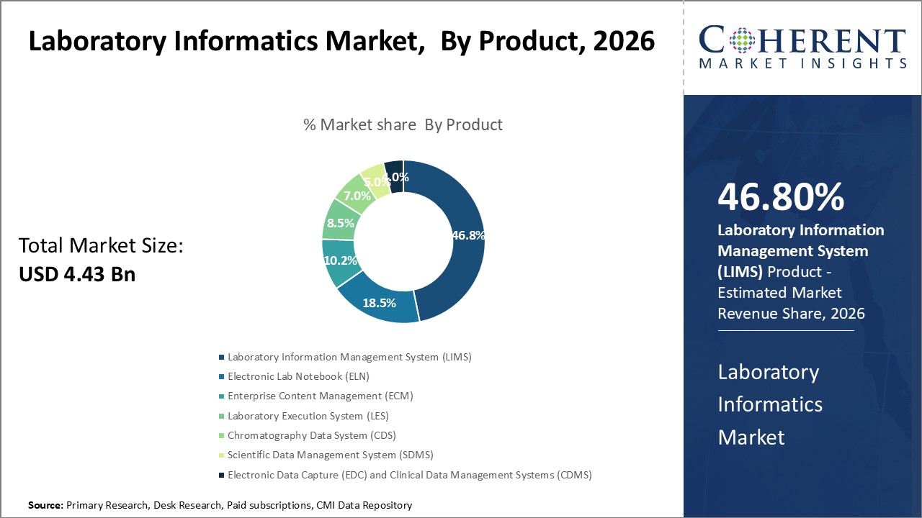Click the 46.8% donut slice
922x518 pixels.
(x=461, y=237)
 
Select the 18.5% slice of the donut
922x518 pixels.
(x=380, y=302)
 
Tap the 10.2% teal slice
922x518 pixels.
(x=340, y=261)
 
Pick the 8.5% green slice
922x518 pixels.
(x=340, y=223)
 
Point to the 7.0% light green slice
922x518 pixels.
(x=357, y=194)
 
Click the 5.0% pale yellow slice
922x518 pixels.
(x=376, y=181)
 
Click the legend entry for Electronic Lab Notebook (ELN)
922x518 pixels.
(x=298, y=376)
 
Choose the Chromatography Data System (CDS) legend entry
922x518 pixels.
(x=311, y=435)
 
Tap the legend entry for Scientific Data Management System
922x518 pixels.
(x=330, y=455)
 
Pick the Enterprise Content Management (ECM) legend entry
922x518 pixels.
(x=320, y=396)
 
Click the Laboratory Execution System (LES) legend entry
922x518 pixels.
(x=308, y=416)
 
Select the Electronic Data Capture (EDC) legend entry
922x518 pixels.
(x=409, y=475)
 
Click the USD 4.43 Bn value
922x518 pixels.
(x=77, y=274)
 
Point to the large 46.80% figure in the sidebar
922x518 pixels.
(x=781, y=198)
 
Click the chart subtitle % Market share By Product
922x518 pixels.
(x=403, y=124)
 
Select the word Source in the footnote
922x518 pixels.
(x=45, y=506)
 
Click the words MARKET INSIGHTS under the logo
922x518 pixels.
(x=802, y=63)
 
